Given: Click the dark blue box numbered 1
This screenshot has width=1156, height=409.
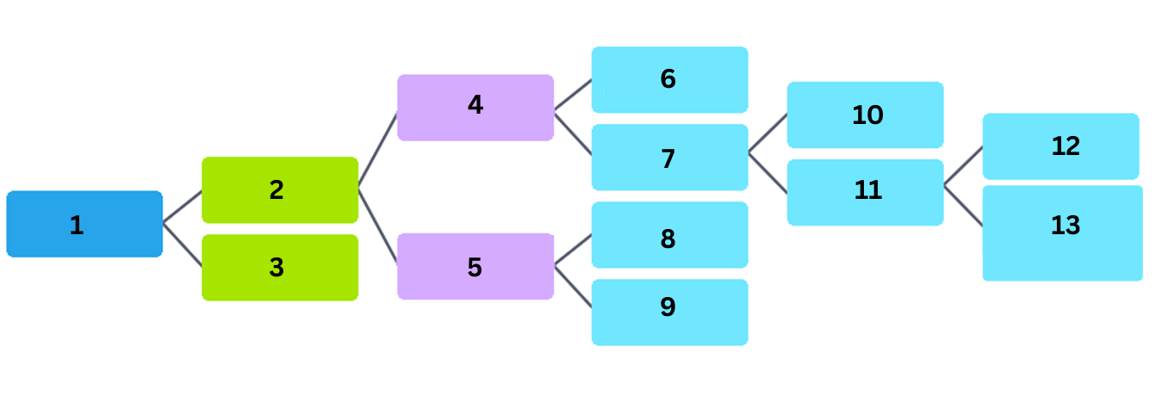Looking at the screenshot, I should [84, 224].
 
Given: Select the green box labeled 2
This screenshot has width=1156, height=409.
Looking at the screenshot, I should [279, 189].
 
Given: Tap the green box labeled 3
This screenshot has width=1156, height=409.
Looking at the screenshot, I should [279, 267].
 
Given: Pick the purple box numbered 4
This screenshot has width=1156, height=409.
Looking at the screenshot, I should [475, 107].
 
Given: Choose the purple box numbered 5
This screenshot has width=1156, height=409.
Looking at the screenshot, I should [475, 266].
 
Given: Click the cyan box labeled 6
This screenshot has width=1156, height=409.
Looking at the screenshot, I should [669, 79].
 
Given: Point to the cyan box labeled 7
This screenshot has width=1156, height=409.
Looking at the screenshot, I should [669, 157].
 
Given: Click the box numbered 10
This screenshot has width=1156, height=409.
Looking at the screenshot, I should [865, 115].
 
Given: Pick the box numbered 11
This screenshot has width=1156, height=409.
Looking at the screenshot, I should [865, 192].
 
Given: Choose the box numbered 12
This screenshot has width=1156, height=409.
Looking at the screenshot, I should [1060, 146].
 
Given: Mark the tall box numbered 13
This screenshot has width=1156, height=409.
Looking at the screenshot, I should [1062, 232].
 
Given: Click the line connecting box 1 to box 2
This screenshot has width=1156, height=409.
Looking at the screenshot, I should [182, 207].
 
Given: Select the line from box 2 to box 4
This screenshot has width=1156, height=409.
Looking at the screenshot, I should [377, 150].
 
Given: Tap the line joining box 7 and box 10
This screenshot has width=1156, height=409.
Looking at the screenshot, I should [768, 133].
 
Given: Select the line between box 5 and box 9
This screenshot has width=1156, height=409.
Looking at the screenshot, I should [573, 287].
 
